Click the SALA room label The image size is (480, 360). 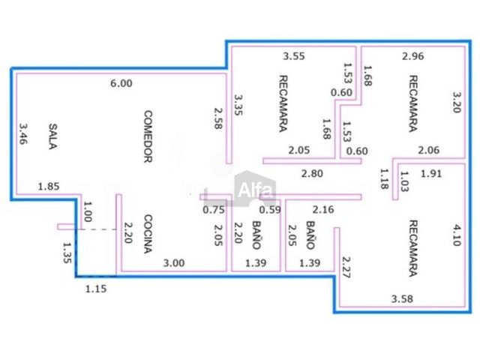53,136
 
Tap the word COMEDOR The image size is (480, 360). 148,136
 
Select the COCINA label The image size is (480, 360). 148,234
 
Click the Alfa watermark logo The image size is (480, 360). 255,189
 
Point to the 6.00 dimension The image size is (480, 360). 121,83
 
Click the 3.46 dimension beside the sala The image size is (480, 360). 23,133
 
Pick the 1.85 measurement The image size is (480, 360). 48,187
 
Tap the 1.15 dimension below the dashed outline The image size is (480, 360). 96,289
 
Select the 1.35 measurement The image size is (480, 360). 67,253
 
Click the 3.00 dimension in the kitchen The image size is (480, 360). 173,263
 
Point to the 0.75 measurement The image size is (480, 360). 214,210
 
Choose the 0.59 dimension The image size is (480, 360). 270,210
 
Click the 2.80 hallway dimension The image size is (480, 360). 312,173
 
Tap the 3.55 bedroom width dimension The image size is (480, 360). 293,56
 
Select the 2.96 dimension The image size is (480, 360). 413,56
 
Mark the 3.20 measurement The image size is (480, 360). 457,103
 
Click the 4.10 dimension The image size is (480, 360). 457,235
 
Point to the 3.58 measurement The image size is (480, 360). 402,298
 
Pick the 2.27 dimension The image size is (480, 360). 346,267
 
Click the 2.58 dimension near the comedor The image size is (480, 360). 218,118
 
